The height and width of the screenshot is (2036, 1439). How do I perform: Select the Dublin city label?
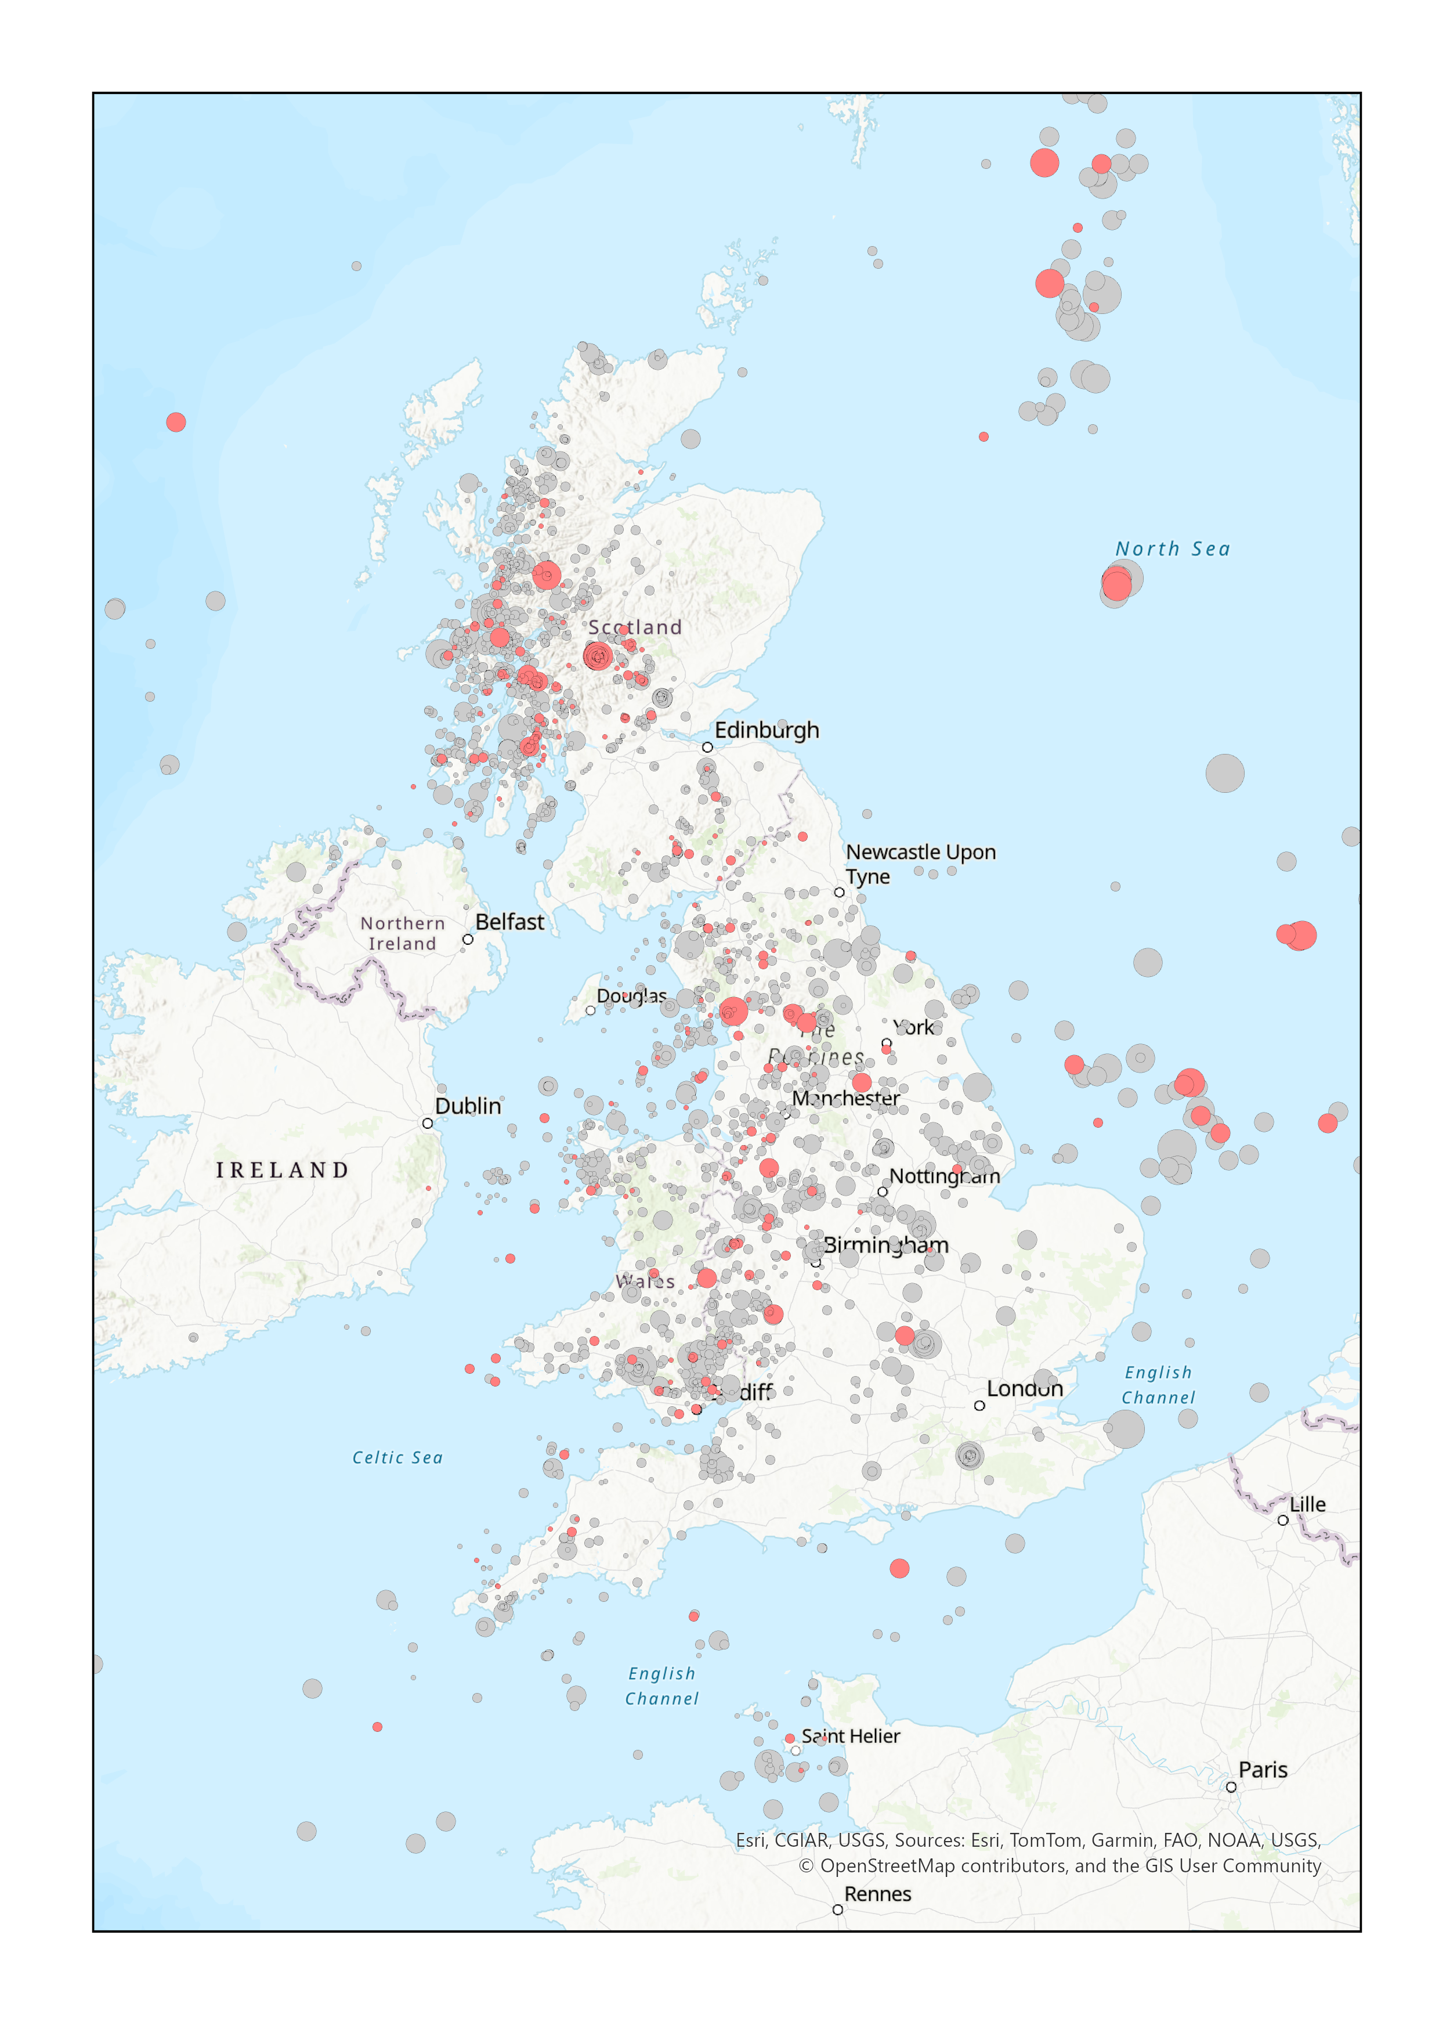tap(467, 1106)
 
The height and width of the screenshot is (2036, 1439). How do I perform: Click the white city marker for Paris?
tap(1231, 1787)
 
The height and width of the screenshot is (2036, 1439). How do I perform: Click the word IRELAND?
tap(282, 1171)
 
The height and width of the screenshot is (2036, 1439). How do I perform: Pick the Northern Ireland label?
tap(403, 933)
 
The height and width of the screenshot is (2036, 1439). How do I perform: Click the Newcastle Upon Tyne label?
tap(920, 864)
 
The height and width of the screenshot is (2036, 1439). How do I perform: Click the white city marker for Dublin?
tap(428, 1124)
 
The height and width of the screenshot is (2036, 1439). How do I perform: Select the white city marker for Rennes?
tap(837, 1909)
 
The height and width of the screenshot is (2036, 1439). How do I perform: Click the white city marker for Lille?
tap(1282, 1520)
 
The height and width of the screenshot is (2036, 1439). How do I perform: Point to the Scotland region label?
tap(635, 627)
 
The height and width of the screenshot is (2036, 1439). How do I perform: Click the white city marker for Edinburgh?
tap(707, 748)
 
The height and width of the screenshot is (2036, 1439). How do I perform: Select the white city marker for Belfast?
tap(467, 939)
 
